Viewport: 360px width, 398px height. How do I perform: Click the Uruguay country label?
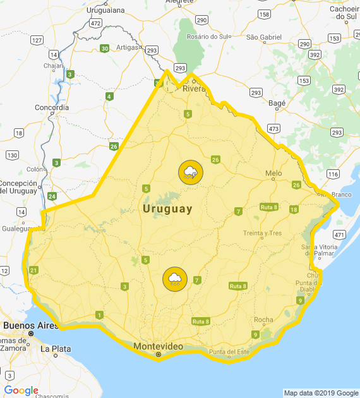point(167,208)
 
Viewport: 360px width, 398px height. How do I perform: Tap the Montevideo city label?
point(158,347)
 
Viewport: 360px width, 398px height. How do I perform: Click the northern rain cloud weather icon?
point(190,172)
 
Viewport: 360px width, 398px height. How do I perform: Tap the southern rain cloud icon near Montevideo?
point(174,279)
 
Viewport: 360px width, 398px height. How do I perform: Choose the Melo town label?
point(273,173)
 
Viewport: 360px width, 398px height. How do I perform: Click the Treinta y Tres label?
point(262,233)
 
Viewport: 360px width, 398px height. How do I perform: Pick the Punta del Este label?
point(230,352)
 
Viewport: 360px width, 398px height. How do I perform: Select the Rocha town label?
point(263,320)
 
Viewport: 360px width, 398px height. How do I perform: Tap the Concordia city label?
point(52,107)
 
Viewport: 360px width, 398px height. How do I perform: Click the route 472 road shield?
point(95,23)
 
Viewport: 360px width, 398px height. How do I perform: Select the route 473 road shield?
point(273,128)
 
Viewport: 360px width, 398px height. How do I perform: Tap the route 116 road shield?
point(333,174)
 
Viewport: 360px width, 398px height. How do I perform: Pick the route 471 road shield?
point(340,234)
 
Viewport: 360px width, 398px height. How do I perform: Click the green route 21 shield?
point(33,270)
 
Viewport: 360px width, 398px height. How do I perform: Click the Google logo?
point(21,390)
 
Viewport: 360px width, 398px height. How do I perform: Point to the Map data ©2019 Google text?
point(321,393)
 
